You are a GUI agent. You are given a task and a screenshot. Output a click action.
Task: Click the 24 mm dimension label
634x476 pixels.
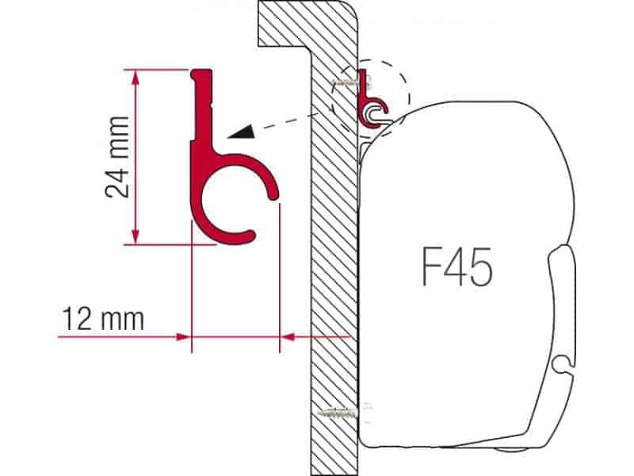tap(117, 156)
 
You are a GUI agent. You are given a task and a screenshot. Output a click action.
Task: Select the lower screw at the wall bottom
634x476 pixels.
tap(339, 413)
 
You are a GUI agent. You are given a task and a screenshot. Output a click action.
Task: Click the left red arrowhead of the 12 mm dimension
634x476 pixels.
tap(184, 336)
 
